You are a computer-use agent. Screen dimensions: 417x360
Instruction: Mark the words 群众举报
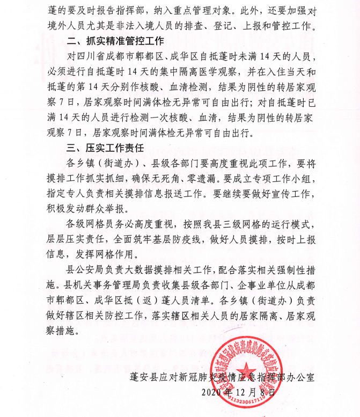click(115, 206)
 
